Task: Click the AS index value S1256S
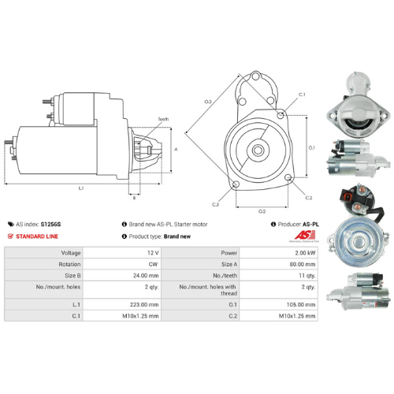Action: pos(50,224)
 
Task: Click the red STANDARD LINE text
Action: pos(39,236)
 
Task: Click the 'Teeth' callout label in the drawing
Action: pos(163,119)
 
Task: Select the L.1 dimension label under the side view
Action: pos(81,188)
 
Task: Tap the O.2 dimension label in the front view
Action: pos(262,210)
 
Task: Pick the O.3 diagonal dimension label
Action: pos(208,102)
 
